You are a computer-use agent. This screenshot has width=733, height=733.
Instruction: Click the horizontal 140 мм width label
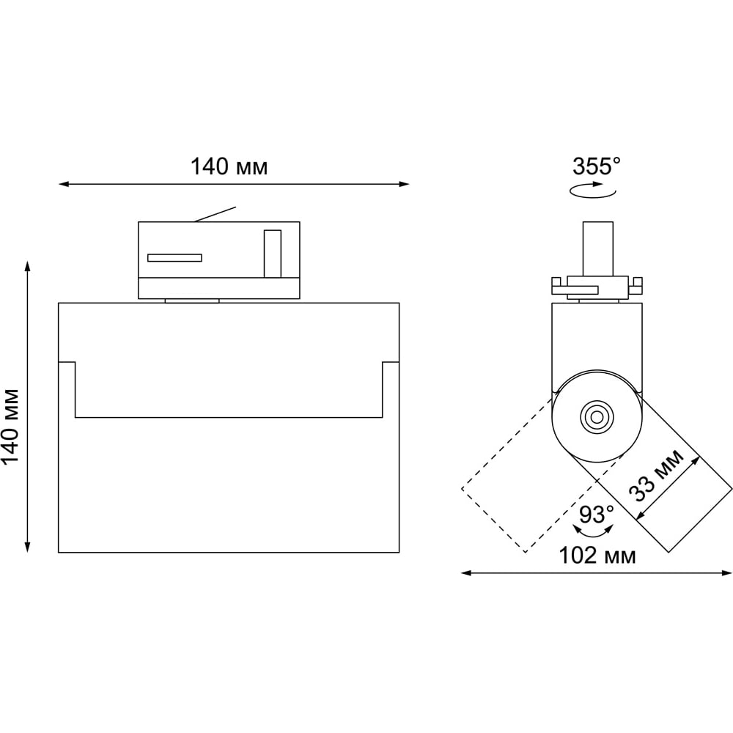(x=229, y=166)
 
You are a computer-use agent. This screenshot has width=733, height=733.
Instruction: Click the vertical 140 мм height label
(x=10, y=426)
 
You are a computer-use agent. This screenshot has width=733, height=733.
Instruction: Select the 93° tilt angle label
(x=597, y=515)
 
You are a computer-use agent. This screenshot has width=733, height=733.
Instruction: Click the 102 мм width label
(x=597, y=556)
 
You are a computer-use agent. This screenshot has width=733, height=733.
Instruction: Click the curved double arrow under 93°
(x=593, y=532)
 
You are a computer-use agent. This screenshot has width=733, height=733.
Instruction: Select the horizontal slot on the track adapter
(x=175, y=257)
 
